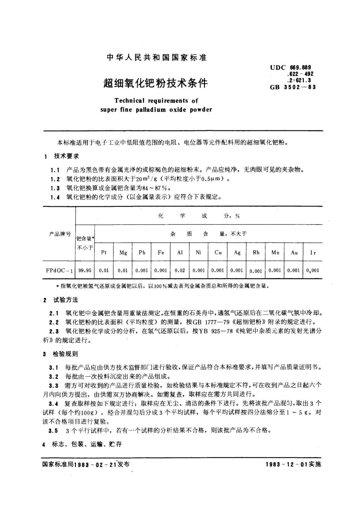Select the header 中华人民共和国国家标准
157,57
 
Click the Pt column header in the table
104,252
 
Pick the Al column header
180,252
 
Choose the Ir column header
313,253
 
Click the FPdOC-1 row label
59,270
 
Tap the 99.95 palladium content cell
85,270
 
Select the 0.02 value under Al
180,270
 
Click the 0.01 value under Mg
123,270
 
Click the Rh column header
256,252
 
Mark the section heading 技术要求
66,156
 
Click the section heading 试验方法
66,300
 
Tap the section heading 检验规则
66,354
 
